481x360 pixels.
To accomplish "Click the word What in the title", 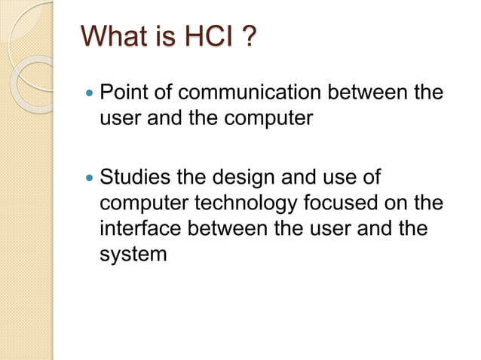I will pyautogui.click(x=114, y=36).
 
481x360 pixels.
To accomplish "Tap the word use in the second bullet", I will pyautogui.click(x=339, y=178).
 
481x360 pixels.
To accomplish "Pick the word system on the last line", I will pyautogui.click(x=133, y=255).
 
